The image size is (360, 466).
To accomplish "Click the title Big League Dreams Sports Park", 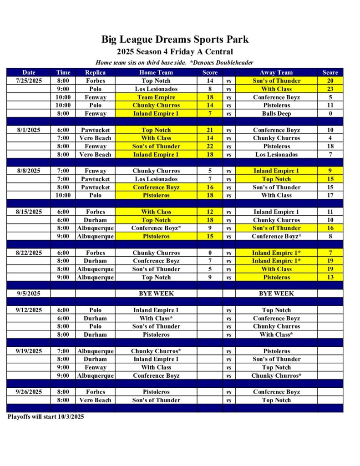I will (175, 40).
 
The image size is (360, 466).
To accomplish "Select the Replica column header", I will (95, 72).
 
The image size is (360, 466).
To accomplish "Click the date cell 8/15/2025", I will (29, 212).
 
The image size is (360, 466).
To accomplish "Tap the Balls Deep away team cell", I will (276, 113).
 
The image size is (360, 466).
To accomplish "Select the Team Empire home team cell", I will (156, 97).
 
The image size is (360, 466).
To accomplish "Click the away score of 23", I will (330, 89).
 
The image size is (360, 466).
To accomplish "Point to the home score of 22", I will (210, 146).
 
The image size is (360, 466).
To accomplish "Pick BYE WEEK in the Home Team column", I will (156, 294).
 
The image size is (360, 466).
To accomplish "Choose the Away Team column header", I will (276, 72).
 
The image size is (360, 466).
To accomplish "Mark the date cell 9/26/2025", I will (29, 392).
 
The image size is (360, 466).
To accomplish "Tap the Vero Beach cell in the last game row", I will (95, 400).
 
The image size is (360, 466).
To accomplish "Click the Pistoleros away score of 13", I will (330, 277).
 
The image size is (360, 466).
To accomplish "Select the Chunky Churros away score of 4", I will (330, 138).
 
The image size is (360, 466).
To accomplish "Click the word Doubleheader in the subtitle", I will (235, 62).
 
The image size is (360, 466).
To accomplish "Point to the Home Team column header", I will (156, 72).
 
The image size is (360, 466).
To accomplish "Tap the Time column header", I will (63, 72).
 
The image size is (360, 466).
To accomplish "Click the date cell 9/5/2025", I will (29, 294).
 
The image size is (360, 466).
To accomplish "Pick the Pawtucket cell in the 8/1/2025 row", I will (95, 130).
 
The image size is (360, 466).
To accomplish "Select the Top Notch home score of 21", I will (210, 130).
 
